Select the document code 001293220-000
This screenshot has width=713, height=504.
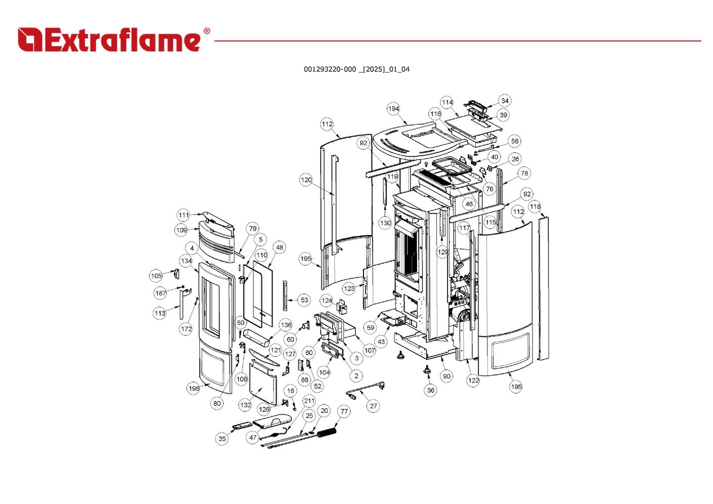(330, 69)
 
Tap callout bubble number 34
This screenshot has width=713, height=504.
(505, 101)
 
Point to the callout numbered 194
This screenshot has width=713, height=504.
(393, 109)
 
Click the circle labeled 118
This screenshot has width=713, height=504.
(535, 206)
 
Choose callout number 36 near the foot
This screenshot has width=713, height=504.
(430, 390)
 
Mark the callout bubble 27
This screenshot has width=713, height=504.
(373, 406)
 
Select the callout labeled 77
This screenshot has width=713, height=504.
(344, 411)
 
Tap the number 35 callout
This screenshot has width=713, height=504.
(222, 439)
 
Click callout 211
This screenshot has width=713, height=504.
(309, 401)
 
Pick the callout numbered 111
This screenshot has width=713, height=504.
(184, 215)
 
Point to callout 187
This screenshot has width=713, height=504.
(161, 293)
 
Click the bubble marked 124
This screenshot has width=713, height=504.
(327, 301)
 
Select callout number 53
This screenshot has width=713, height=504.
(304, 300)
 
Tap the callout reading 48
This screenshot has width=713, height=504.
(280, 247)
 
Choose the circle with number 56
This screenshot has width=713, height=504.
(514, 142)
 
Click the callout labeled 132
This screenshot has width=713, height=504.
(245, 405)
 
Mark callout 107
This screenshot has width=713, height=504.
(370, 350)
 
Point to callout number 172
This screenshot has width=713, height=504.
(186, 329)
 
